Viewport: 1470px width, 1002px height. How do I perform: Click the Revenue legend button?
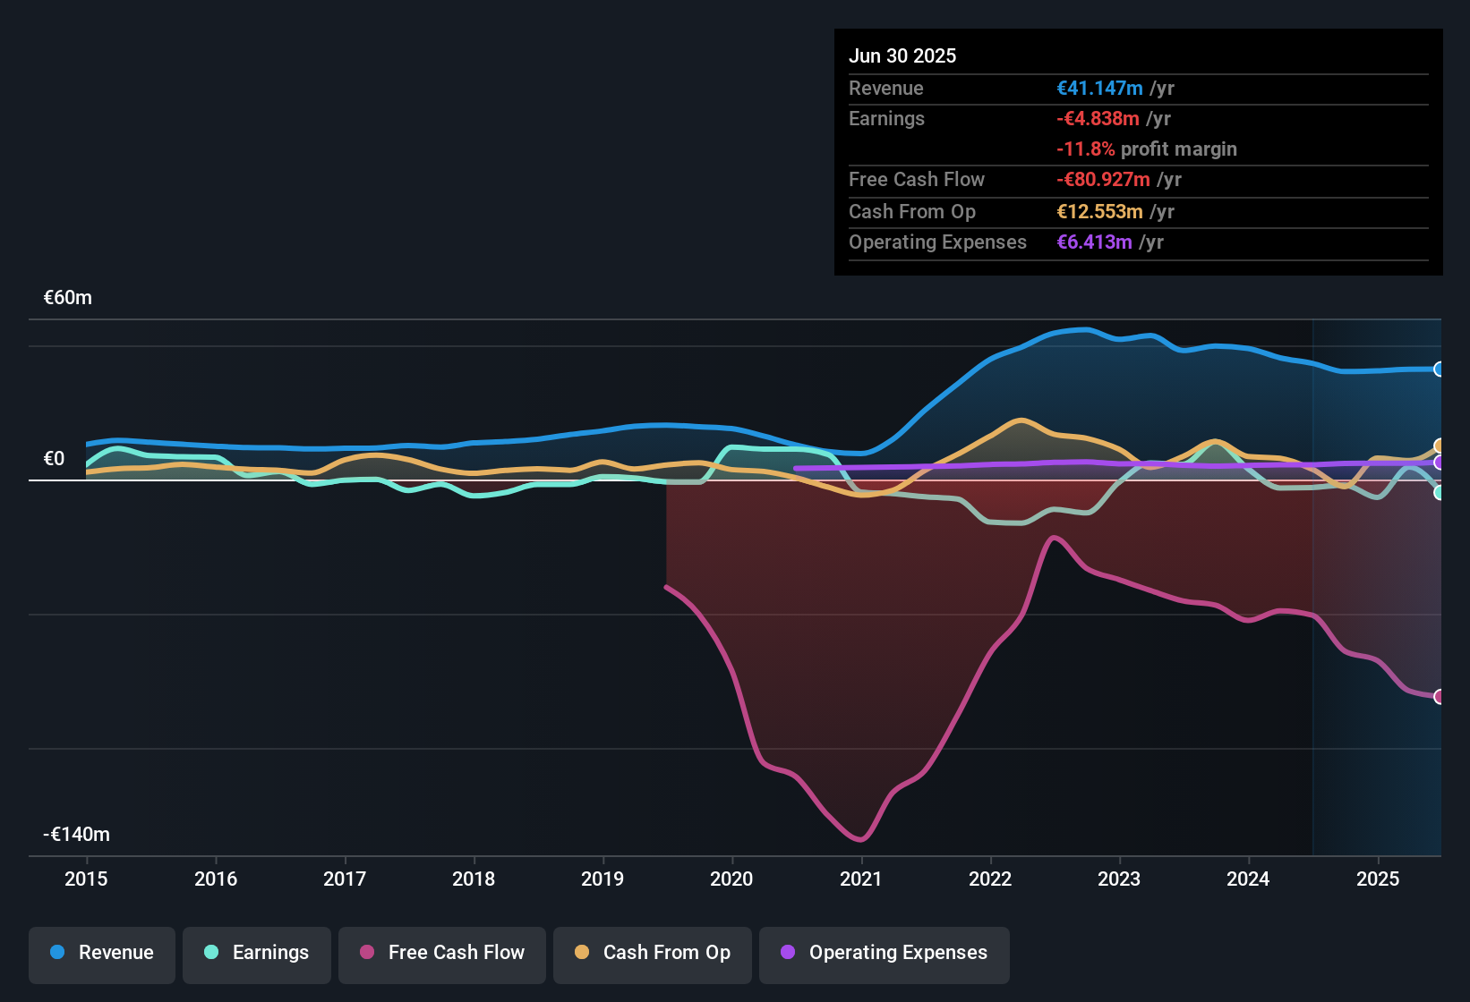tap(102, 953)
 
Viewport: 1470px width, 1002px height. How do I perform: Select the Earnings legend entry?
tap(257, 953)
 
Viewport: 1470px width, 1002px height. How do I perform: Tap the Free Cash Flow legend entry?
tap(442, 953)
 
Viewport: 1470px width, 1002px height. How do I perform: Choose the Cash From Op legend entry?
tap(653, 953)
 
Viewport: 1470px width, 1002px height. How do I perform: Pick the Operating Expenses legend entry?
tap(885, 953)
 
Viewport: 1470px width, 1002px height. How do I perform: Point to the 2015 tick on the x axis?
tap(86, 879)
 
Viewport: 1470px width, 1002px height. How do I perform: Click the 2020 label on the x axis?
tap(731, 879)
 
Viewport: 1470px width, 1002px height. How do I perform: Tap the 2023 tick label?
tap(1119, 879)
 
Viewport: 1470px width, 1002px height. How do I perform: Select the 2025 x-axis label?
tap(1378, 879)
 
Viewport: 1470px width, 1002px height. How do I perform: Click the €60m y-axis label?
tap(68, 298)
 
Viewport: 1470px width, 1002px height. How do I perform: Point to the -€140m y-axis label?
tap(77, 835)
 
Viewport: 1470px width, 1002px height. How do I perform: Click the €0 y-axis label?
tap(55, 459)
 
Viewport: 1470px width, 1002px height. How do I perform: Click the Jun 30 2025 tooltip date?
tap(902, 56)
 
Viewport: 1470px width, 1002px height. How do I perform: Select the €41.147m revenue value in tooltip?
tap(1099, 89)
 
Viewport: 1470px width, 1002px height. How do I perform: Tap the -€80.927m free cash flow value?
tap(1103, 180)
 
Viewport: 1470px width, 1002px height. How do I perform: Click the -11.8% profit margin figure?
tap(1086, 149)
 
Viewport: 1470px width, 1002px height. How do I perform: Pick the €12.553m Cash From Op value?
tap(1099, 212)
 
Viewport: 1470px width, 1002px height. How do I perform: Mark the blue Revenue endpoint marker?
tap(1439, 369)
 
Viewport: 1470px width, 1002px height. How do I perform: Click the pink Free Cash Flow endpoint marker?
tap(1439, 697)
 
